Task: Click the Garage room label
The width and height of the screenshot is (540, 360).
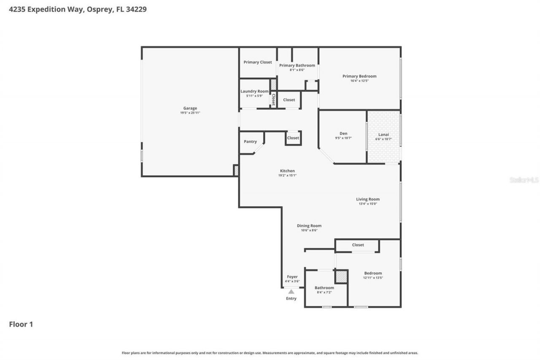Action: click(190, 108)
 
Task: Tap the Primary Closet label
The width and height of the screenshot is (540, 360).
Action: click(258, 62)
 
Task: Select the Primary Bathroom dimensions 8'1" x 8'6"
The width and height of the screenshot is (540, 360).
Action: click(297, 70)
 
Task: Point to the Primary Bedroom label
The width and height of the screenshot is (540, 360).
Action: click(359, 76)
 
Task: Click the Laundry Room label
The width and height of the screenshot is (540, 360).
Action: click(254, 92)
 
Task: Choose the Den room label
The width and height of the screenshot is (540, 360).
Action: click(343, 134)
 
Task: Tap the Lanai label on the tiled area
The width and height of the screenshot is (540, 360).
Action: click(383, 134)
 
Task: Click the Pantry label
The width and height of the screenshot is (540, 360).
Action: click(250, 142)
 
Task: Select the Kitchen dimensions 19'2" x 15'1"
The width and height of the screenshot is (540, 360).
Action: click(287, 176)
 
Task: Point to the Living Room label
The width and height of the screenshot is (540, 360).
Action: click(368, 199)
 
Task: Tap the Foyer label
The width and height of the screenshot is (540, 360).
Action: click(292, 277)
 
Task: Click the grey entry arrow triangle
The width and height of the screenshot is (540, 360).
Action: click(291, 291)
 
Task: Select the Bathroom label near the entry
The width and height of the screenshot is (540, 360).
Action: click(324, 288)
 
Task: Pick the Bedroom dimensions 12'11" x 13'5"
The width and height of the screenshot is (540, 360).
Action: click(373, 278)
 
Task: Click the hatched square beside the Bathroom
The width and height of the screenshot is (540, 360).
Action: click(341, 277)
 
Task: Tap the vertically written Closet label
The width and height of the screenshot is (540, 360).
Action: click(273, 100)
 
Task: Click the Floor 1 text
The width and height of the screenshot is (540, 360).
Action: click(21, 325)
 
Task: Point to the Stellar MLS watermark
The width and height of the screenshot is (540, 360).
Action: click(524, 180)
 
